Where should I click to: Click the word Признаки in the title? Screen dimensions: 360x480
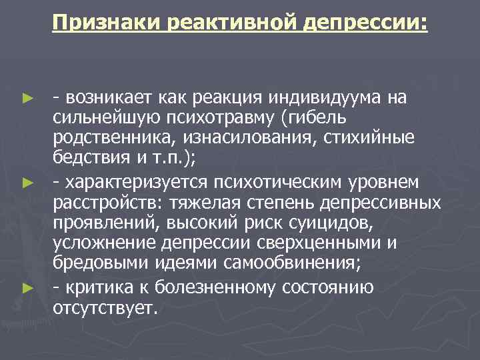109,24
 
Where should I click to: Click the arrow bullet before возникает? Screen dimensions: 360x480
27,99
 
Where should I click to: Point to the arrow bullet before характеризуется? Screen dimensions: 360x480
27,181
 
